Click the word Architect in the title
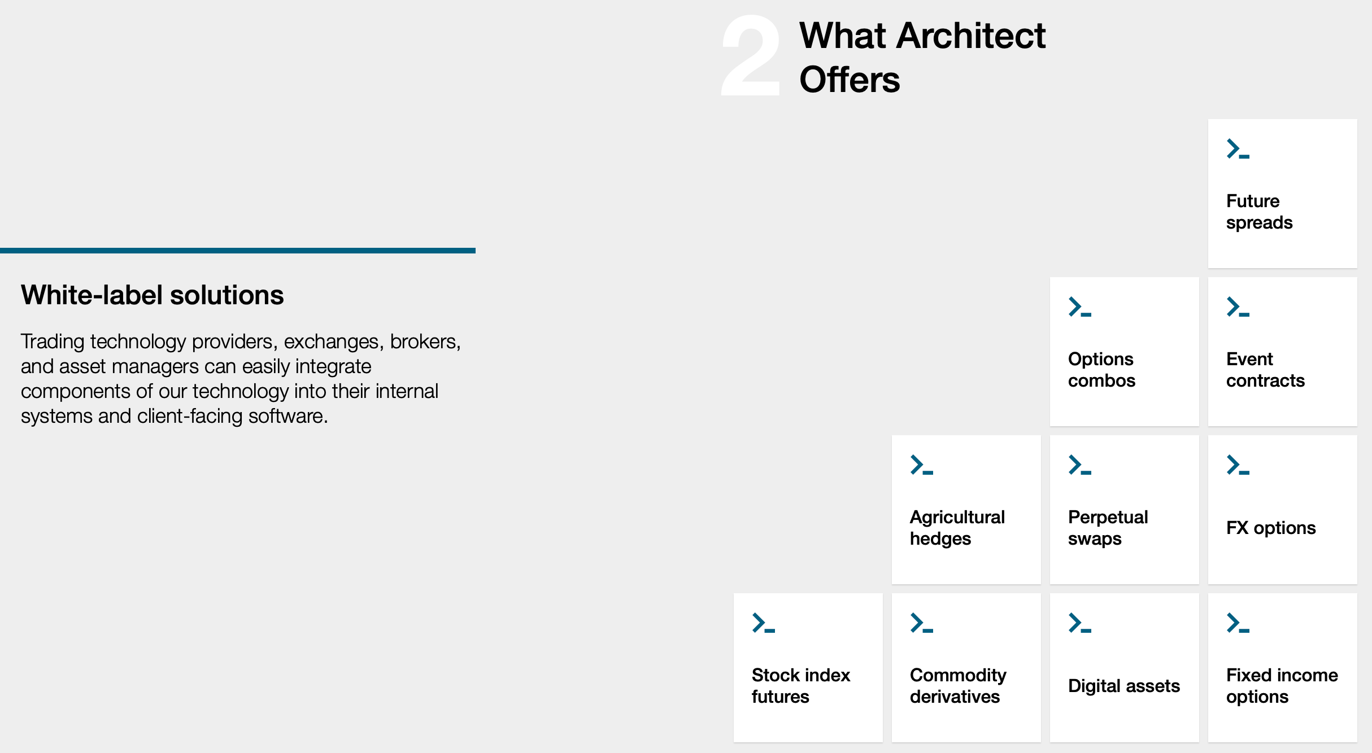point(970,36)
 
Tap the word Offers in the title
point(850,80)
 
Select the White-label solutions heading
point(153,295)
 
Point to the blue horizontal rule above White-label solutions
point(237,250)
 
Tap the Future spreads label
point(1259,212)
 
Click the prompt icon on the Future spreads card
point(1238,149)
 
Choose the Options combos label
point(1101,370)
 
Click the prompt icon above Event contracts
point(1238,307)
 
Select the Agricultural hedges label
point(957,528)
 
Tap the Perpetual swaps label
point(1108,528)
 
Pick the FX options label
point(1271,528)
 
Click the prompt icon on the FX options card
point(1238,465)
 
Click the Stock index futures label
point(800,686)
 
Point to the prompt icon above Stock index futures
point(763,623)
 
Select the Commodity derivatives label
point(958,686)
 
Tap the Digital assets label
point(1123,686)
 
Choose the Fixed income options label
point(1282,686)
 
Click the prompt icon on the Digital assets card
point(1079,623)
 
